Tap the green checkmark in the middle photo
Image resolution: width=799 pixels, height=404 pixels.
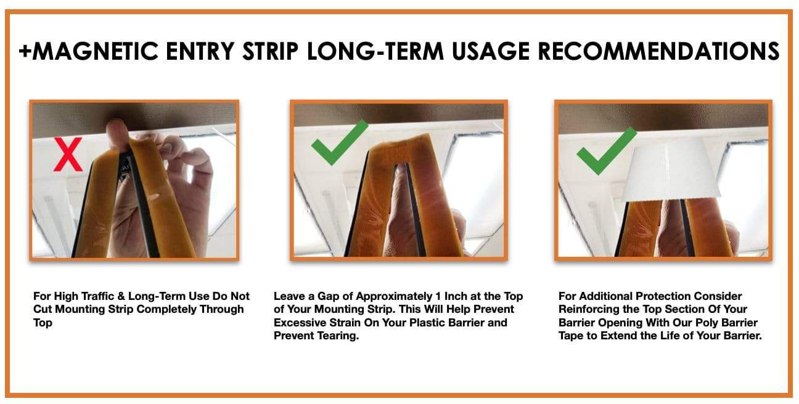point(338,140)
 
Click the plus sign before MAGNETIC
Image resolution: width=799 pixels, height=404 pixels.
point(25,51)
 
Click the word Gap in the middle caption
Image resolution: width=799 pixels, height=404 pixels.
point(326,296)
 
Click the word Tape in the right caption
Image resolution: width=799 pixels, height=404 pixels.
point(571,336)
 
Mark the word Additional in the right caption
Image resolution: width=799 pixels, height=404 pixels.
point(603,296)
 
